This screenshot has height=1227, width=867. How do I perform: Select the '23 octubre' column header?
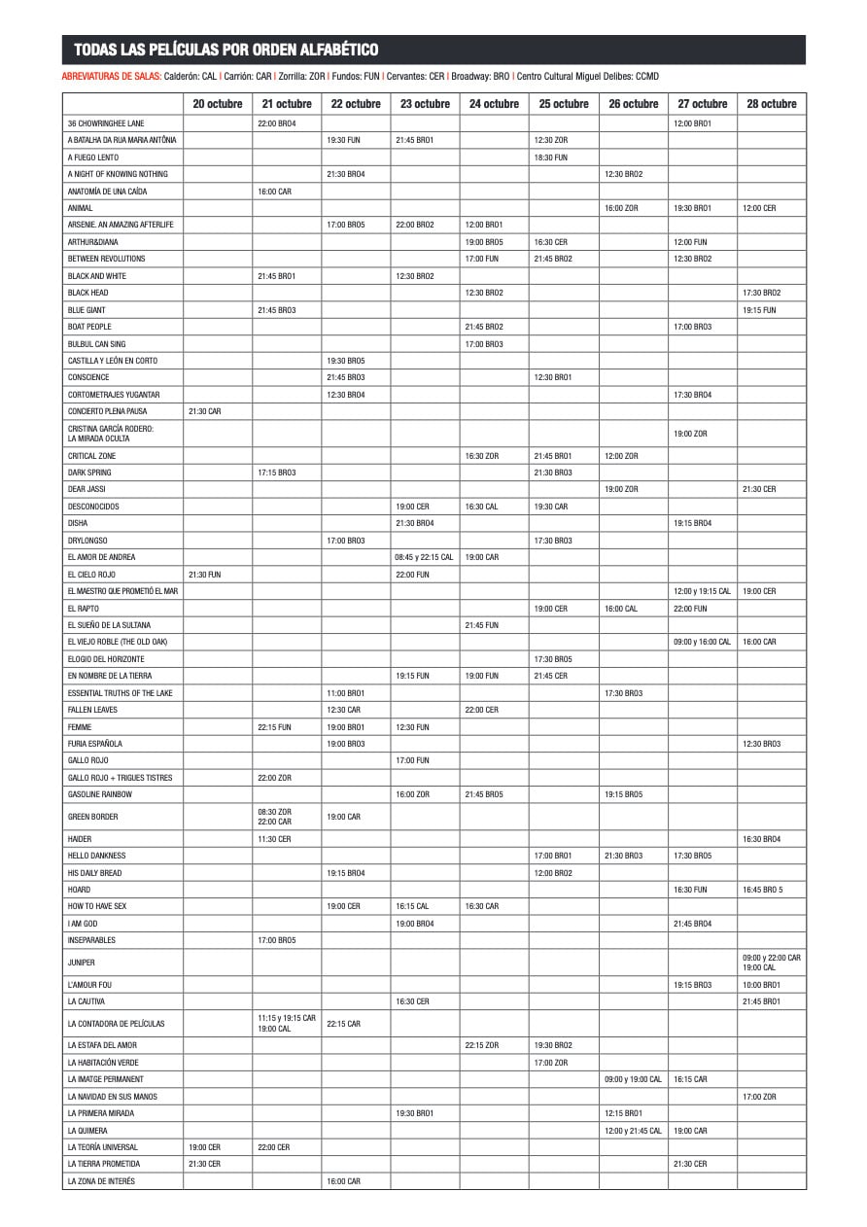click(425, 104)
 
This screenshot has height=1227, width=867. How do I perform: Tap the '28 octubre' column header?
click(772, 104)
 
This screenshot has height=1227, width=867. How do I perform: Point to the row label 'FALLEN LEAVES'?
click(91, 710)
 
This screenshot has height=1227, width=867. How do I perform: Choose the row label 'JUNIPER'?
click(82, 963)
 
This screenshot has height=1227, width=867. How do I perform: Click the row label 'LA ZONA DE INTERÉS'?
click(101, 1181)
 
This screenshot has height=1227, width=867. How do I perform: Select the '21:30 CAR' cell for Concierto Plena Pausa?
click(204, 411)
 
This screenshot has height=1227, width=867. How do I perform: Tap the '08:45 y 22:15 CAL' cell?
click(425, 557)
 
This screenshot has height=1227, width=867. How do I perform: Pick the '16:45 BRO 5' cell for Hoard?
click(762, 890)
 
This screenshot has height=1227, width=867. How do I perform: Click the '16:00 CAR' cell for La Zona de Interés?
click(344, 1181)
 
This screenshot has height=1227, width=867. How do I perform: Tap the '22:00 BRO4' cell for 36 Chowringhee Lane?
click(277, 123)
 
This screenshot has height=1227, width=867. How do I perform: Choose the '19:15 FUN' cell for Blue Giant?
click(759, 310)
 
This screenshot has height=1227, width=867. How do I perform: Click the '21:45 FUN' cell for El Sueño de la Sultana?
click(482, 625)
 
